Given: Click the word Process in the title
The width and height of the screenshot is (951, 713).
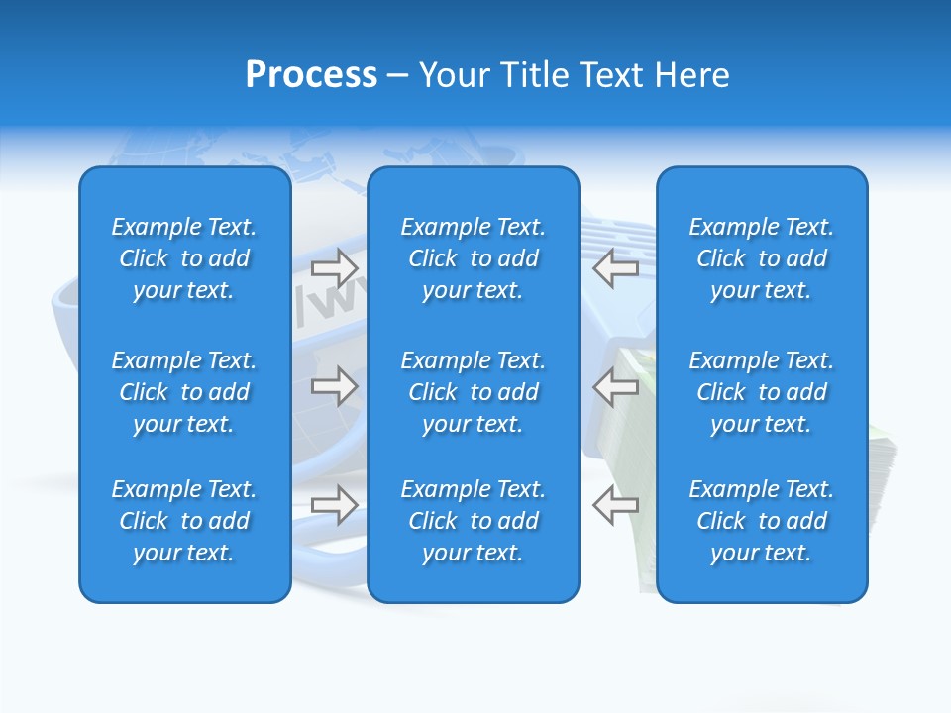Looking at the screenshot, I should click(x=311, y=75).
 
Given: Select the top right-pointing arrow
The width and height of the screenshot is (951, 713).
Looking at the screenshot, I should click(x=335, y=267).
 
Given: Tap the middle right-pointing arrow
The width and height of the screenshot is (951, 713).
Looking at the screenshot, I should click(x=335, y=386).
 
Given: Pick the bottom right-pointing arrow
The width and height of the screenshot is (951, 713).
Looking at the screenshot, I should click(x=335, y=505).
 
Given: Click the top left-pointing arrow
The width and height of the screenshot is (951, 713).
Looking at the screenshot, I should click(x=616, y=267).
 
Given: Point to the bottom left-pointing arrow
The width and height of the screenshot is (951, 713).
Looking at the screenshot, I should click(x=616, y=505).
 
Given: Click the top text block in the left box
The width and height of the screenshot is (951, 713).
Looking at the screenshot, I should click(x=184, y=258).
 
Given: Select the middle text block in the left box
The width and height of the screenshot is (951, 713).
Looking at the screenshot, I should click(x=184, y=392).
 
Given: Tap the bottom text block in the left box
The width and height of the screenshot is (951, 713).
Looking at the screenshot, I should click(x=184, y=521).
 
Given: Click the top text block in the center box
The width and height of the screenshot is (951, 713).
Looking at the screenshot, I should click(x=474, y=258).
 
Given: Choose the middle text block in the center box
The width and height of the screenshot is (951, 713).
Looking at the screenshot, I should click(x=474, y=392).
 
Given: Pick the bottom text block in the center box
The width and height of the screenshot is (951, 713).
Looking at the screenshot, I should click(x=474, y=521).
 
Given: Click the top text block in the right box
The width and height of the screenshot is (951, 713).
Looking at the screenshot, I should click(x=762, y=258).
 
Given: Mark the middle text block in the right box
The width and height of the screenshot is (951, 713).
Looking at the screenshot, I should click(x=762, y=392).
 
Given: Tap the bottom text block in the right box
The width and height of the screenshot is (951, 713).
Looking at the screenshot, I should click(x=762, y=521).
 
